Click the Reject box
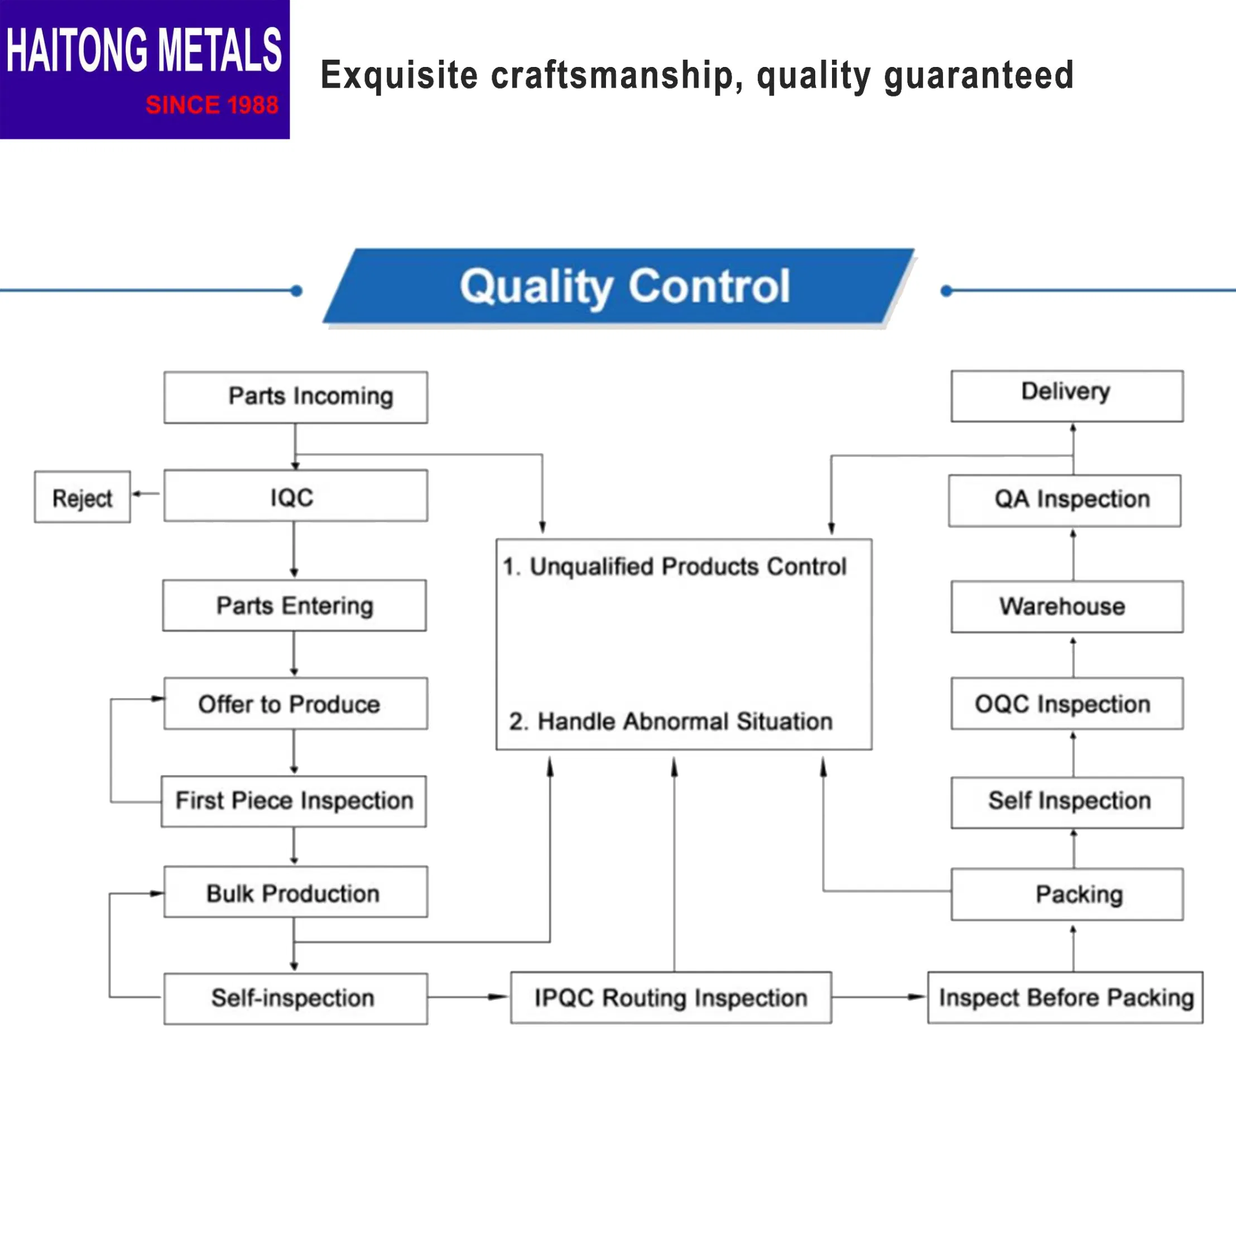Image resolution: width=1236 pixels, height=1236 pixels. click(x=83, y=497)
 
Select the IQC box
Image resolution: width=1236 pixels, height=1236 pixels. click(x=296, y=496)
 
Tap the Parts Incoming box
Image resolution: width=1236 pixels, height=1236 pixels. click(x=296, y=397)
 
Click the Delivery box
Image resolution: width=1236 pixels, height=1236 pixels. click(x=1066, y=396)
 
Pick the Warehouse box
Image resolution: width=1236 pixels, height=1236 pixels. click(x=1066, y=607)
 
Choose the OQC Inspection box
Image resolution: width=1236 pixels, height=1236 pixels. click(x=1066, y=703)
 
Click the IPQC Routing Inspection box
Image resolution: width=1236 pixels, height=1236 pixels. click(x=671, y=997)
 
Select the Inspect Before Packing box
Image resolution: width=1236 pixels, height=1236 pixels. click(x=1065, y=997)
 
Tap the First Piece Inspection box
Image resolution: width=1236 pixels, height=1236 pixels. click(x=294, y=801)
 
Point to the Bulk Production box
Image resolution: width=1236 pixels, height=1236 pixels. click(x=296, y=892)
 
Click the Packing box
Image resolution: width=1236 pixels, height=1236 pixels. click(x=1066, y=894)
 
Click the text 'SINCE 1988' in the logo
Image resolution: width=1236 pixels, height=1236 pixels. click(x=211, y=105)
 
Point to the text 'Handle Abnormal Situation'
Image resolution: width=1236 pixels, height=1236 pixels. click(x=684, y=721)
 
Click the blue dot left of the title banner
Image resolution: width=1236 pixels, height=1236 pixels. click(x=296, y=291)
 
